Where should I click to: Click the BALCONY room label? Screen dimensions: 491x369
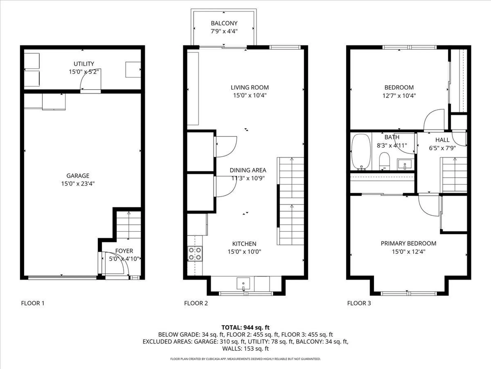point(224,23)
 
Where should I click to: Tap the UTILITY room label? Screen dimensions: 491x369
point(84,64)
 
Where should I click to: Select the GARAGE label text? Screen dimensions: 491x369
point(78,176)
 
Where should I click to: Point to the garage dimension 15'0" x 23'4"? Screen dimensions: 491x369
point(78,184)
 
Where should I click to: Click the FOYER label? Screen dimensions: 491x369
point(124,251)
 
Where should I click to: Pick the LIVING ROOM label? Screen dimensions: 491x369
point(250,88)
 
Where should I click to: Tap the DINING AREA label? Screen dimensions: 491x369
point(248,170)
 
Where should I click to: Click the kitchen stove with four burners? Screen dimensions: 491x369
point(195,254)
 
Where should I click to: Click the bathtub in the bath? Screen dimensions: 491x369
point(361,152)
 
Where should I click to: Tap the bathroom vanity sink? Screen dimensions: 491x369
point(405,164)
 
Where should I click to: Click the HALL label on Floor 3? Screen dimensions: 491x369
point(442,140)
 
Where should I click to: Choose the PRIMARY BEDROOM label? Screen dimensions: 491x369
point(408,243)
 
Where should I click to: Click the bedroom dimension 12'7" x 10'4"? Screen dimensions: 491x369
point(399,96)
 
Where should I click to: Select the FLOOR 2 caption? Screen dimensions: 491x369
point(196,303)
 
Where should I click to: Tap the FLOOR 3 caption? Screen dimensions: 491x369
point(359,303)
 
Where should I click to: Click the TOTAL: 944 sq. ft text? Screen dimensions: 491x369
point(245,327)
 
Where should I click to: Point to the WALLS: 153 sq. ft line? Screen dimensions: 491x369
point(245,348)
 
